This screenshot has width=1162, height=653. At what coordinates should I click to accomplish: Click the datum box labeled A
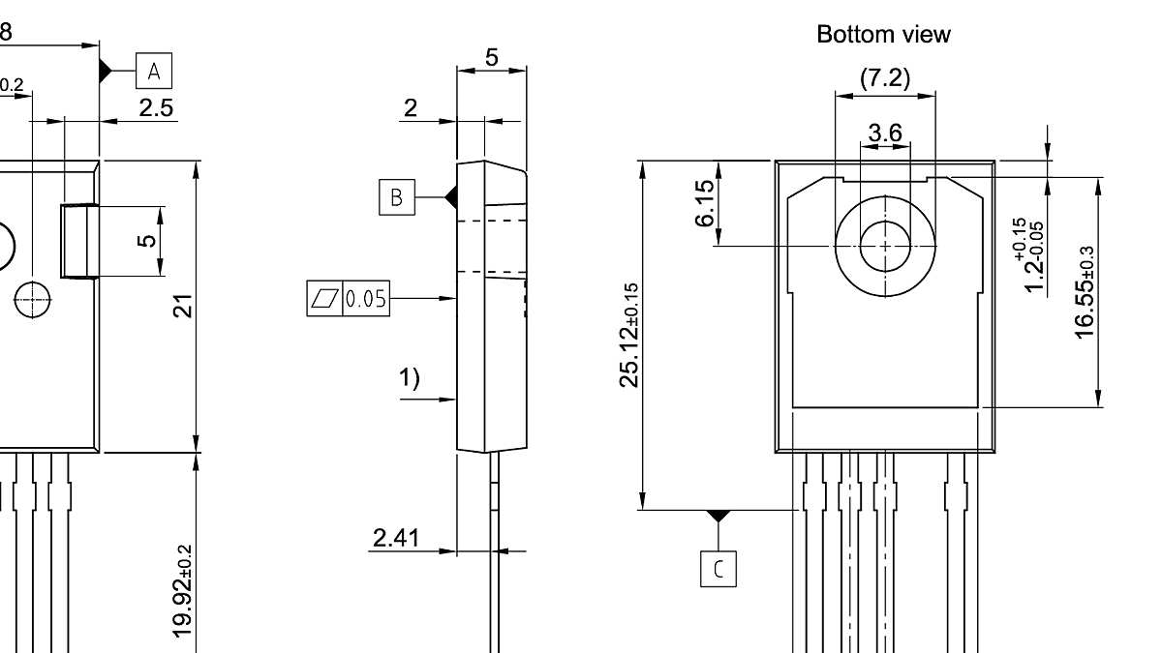[154, 71]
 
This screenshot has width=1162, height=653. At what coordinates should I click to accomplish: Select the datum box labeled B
[395, 197]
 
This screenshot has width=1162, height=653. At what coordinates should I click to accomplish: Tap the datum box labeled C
[718, 569]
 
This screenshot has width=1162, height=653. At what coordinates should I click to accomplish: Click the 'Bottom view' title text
[883, 35]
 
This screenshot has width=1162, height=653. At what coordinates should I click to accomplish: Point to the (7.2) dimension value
[885, 78]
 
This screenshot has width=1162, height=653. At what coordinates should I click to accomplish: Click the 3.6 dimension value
[885, 134]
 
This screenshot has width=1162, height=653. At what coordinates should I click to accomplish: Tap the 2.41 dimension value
[397, 537]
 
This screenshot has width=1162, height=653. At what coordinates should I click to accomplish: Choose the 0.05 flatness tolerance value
[365, 299]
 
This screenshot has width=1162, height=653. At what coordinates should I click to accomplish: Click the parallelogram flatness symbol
[323, 299]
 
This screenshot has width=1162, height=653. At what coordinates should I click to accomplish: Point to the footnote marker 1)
[411, 378]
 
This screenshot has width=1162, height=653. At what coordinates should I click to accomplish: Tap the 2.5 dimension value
[156, 107]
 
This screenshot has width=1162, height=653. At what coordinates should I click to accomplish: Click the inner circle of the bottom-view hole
[885, 246]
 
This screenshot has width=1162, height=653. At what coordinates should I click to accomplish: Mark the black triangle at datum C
[718, 516]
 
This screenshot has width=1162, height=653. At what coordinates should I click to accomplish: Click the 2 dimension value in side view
[411, 107]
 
